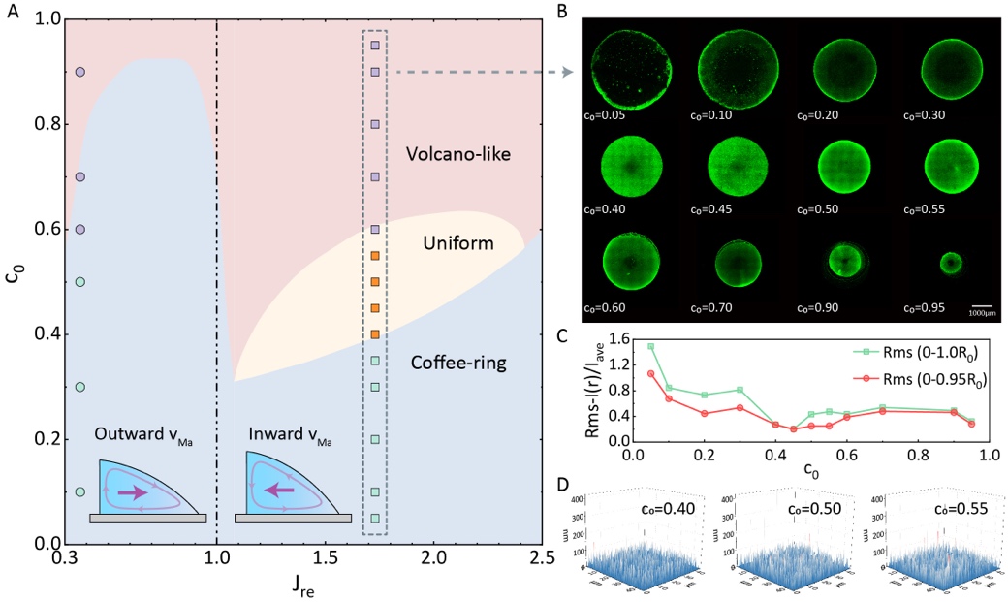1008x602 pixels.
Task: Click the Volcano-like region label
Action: pyautogui.click(x=458, y=154)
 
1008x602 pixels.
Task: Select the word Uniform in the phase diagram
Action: pyautogui.click(x=458, y=242)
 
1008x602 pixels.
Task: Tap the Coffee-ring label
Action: pyautogui.click(x=458, y=364)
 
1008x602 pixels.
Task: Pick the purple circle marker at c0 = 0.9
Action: pyautogui.click(x=80, y=72)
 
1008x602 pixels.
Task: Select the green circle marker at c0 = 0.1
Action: pyautogui.click(x=80, y=491)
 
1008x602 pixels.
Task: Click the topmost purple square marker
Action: pyautogui.click(x=375, y=46)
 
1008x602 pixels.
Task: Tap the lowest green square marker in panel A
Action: pyautogui.click(x=375, y=519)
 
